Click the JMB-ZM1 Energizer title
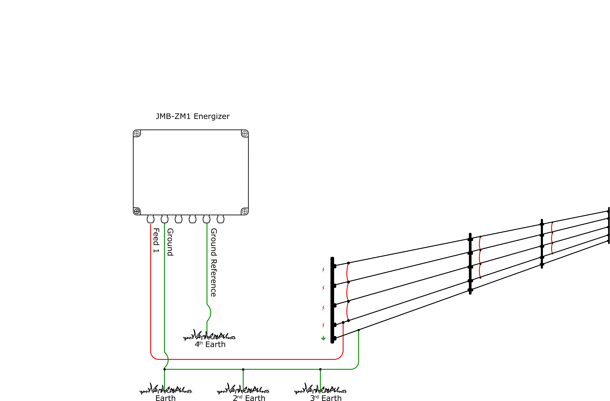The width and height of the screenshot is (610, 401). pyautogui.click(x=193, y=116)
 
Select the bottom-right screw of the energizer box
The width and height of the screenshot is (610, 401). pyautogui.click(x=245, y=211)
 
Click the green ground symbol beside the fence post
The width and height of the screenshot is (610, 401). pyautogui.click(x=323, y=338)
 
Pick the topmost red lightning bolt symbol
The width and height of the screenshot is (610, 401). pyautogui.click(x=323, y=269)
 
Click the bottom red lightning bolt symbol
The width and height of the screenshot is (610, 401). pyautogui.click(x=323, y=325)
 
